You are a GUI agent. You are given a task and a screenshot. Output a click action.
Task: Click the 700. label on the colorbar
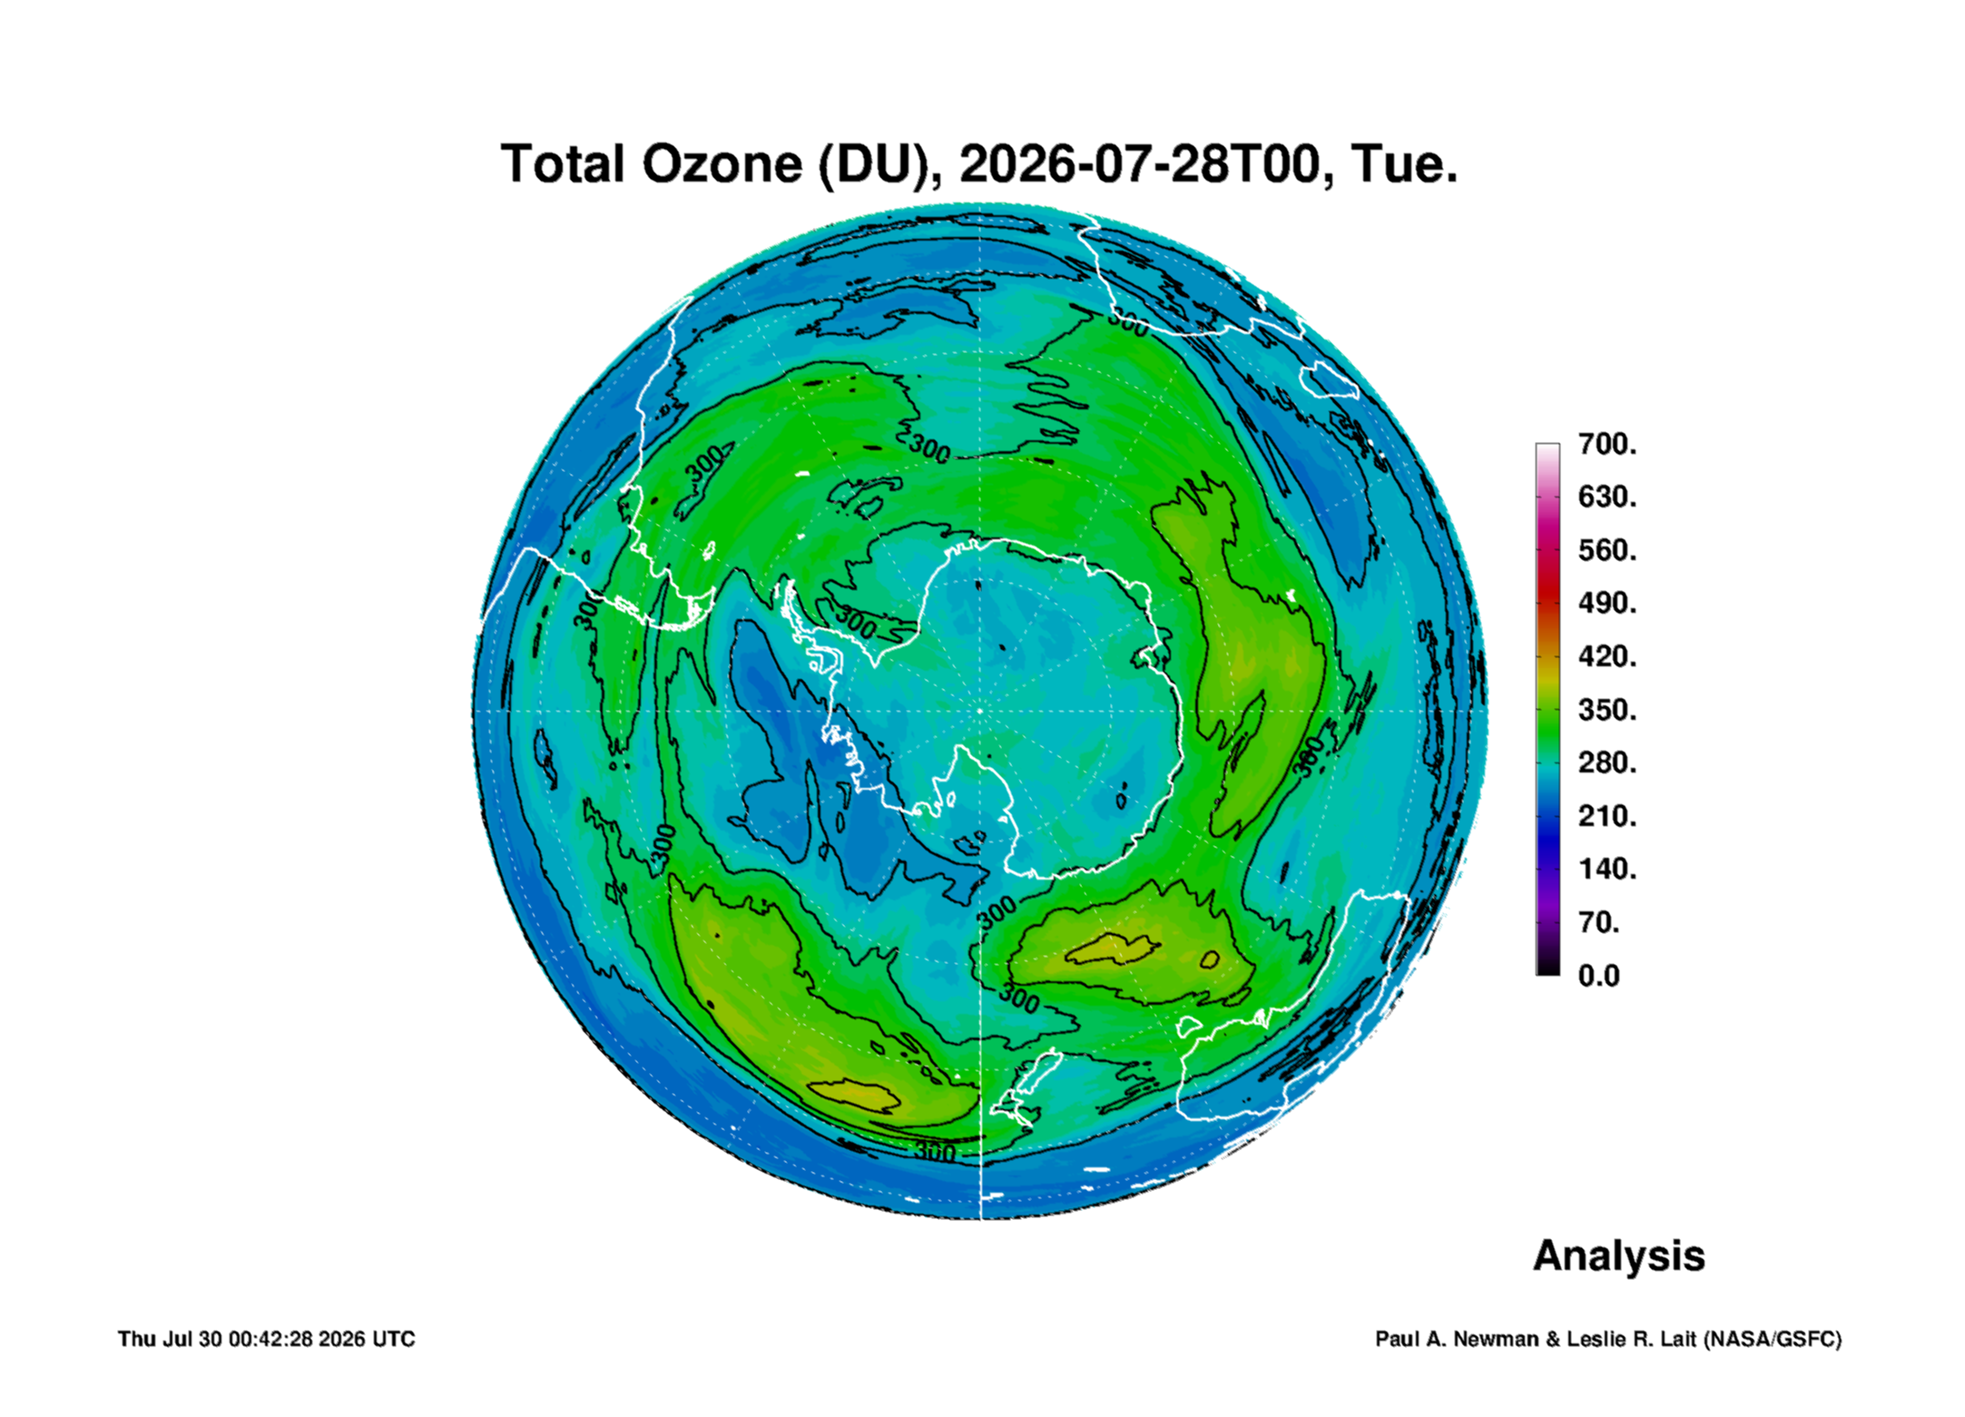(1606, 444)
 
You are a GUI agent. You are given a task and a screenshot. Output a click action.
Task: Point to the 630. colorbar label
(1606, 497)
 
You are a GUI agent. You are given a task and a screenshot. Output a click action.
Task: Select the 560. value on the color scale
(1606, 550)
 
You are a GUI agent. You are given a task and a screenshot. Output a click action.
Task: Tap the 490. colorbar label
(1606, 603)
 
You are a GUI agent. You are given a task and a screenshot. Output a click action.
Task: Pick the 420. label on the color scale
(1606, 656)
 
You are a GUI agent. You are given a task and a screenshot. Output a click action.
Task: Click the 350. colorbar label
(1606, 709)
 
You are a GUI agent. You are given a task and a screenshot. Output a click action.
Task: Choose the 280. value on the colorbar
(1606, 763)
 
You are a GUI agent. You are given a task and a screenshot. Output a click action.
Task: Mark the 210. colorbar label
(1606, 815)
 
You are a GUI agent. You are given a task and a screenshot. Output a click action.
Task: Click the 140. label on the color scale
(1606, 869)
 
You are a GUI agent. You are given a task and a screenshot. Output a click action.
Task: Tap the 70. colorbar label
(1599, 922)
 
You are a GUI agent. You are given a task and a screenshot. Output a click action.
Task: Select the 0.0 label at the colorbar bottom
(1598, 976)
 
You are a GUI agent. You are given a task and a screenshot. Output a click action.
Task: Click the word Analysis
(1619, 1256)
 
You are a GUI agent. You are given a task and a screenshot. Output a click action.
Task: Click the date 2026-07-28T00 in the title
(1139, 164)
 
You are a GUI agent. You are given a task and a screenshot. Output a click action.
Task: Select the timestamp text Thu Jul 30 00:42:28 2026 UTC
(267, 1339)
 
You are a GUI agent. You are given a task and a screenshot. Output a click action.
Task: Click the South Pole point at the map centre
(980, 711)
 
